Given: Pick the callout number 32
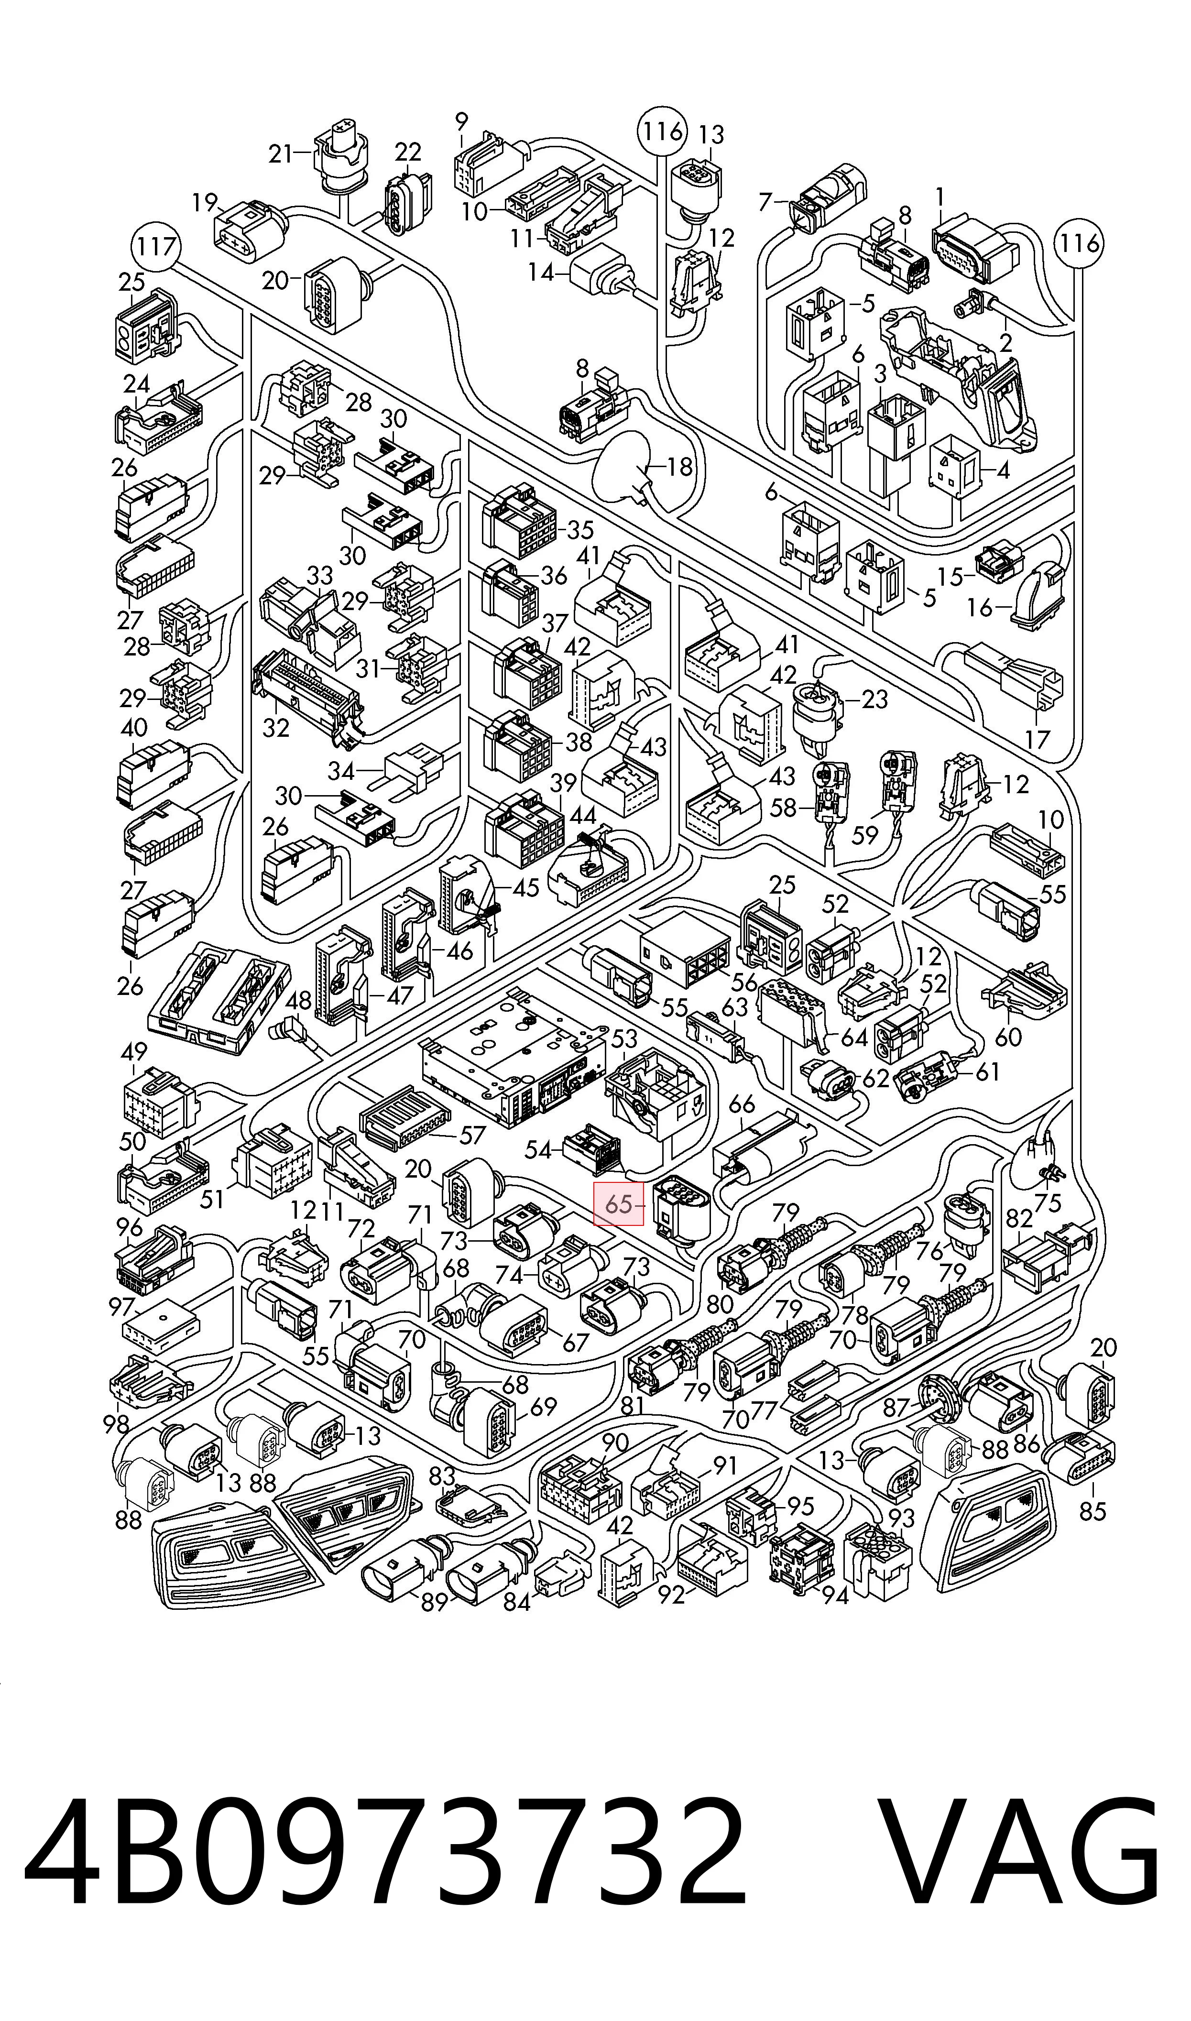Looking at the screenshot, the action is click(x=275, y=728).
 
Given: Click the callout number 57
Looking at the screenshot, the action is click(x=473, y=1135).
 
